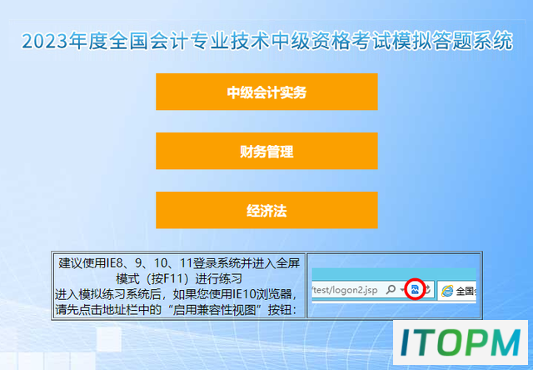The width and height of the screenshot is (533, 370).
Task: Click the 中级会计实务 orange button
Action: (x=266, y=92)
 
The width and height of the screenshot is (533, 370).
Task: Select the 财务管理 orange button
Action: (x=266, y=151)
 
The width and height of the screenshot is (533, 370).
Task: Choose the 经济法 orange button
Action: (x=266, y=210)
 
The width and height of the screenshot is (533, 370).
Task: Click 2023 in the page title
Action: (x=44, y=42)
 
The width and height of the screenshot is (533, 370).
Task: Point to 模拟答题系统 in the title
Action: (x=451, y=41)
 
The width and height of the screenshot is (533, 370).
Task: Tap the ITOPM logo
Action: (x=461, y=342)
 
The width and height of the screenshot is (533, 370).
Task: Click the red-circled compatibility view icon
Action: (x=415, y=289)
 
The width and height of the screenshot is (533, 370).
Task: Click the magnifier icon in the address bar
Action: (x=391, y=290)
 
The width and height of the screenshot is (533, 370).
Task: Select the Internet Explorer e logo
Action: (x=446, y=291)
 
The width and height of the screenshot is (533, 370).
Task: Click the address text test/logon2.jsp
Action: (x=345, y=290)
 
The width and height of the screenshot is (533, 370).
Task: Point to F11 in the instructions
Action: (x=177, y=279)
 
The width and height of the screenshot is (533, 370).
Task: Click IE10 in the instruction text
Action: (x=243, y=294)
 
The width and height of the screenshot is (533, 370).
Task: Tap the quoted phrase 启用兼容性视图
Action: (x=214, y=310)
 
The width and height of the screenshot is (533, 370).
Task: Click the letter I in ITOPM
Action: (x=406, y=342)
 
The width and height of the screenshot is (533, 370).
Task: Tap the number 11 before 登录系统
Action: (x=187, y=263)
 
